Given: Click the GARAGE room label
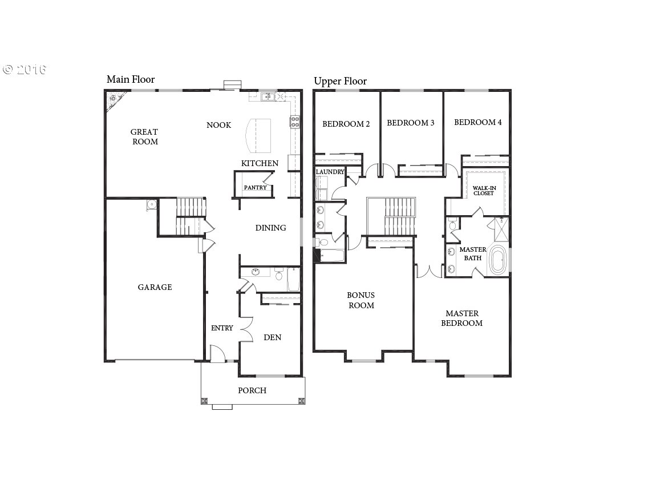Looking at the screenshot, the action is [155, 287].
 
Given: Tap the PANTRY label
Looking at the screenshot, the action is [255, 188].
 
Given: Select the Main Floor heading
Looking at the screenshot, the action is [131, 79].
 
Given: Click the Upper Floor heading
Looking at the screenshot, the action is [340, 81].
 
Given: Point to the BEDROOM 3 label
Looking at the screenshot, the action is [410, 123].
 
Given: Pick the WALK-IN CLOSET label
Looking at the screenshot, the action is [484, 191].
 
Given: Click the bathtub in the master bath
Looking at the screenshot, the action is [498, 260].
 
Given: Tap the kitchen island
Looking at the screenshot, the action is [257, 136].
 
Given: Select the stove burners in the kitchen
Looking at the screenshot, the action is [295, 122].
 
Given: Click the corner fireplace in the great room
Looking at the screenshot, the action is [114, 101].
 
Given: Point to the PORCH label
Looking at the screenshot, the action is [252, 390].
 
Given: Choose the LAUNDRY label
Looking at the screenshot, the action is [330, 172].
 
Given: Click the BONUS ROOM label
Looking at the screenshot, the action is [361, 300].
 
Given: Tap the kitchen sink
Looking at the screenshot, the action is [268, 98].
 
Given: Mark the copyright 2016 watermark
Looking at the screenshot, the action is [25, 70].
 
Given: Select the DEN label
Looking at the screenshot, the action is [272, 337].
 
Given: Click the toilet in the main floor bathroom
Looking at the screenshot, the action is [278, 275].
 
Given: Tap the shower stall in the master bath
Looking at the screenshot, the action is [501, 229].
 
